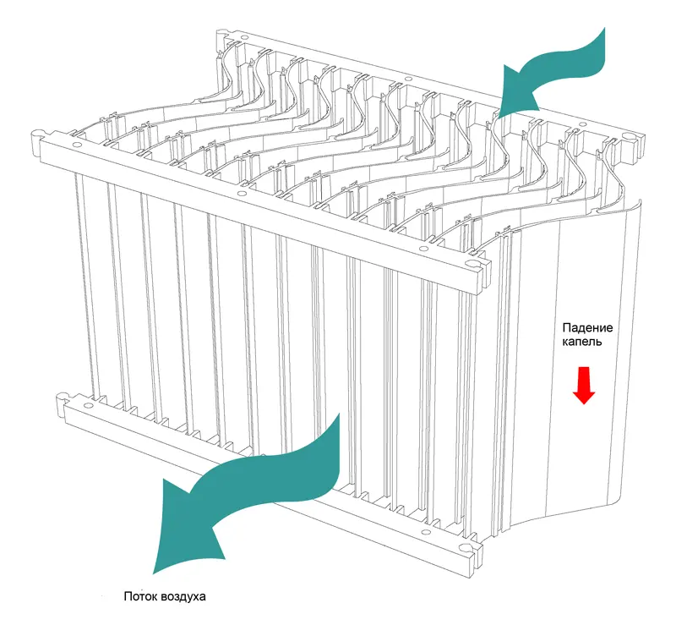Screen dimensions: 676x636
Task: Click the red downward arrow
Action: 584,386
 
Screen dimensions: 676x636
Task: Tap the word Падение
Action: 587,328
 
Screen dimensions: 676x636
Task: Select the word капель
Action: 582,343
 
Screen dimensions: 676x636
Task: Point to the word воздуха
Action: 183,597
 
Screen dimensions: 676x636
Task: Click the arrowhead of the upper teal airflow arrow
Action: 517,90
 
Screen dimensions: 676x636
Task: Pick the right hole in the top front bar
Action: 422,249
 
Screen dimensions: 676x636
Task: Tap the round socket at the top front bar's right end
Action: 472,264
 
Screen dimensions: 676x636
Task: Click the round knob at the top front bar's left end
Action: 38,135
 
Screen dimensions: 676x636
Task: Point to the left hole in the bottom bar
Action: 89,406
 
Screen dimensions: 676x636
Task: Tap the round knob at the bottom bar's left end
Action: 63,396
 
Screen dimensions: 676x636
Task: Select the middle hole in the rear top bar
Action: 406,79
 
